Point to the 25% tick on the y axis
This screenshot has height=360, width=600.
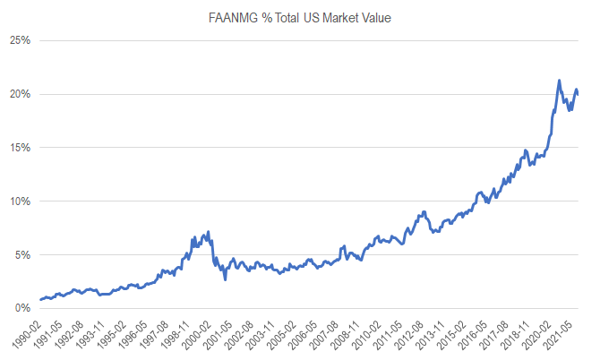point(20,40)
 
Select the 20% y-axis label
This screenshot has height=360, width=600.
point(20,94)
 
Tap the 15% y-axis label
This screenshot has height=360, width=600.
point(20,148)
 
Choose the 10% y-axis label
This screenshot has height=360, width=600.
point(20,201)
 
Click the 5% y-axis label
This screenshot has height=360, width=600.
point(22,255)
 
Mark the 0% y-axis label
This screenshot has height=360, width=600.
point(22,308)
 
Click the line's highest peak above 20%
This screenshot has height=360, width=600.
point(559,81)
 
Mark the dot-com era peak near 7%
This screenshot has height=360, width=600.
point(209,232)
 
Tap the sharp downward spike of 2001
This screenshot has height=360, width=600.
point(225,279)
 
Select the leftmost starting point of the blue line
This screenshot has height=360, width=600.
point(40,300)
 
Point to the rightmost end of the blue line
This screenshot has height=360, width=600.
point(578,93)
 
